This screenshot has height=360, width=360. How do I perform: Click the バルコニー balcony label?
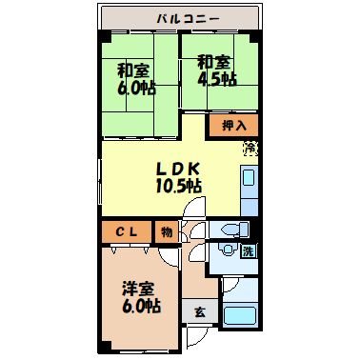(x=181, y=18)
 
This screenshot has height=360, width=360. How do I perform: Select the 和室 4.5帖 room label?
(x=216, y=70)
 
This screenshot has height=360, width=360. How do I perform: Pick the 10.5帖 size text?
(x=179, y=187)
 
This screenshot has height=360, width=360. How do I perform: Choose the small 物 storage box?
(x=167, y=231)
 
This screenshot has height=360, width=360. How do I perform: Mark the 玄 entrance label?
(x=200, y=311)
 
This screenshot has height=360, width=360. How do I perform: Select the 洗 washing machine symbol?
(x=247, y=252)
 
